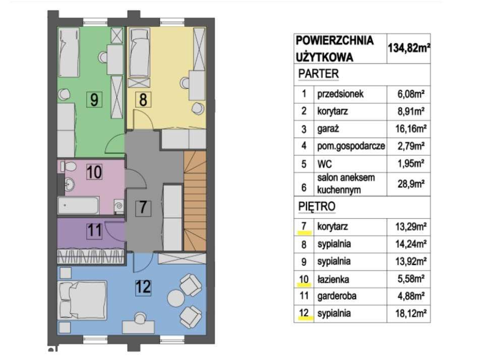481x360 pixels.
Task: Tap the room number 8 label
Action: [x=143, y=100]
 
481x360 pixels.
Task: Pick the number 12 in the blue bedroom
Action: [x=144, y=288]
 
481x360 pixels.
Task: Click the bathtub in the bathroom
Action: [x=79, y=206]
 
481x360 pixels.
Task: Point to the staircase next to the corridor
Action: [x=195, y=202]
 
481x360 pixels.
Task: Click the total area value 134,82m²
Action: [x=408, y=48]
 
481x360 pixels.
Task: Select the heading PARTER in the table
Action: [x=318, y=74]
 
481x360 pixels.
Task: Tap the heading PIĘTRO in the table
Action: [x=317, y=207]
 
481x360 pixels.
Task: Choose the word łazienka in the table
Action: [x=333, y=279]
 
